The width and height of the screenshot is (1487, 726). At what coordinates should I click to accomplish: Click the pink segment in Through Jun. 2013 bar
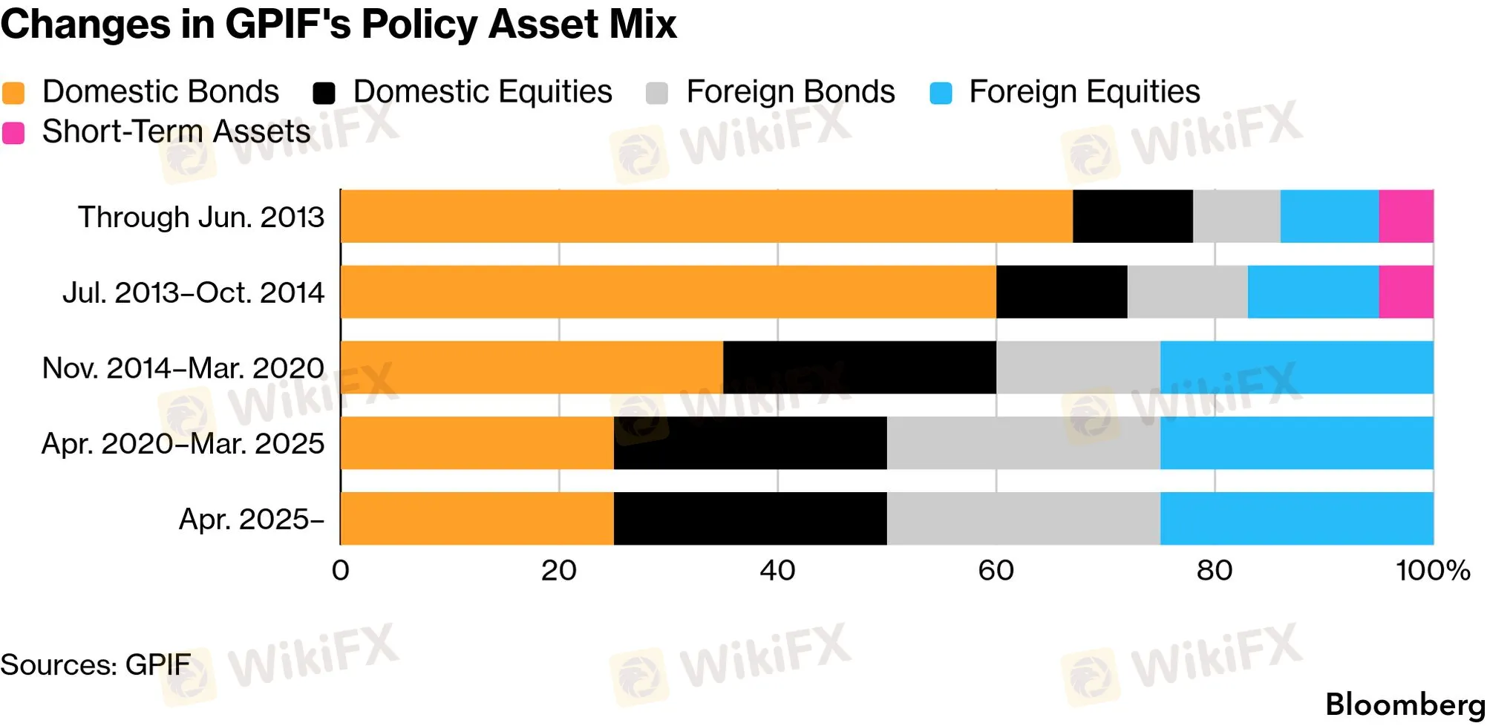tap(1406, 216)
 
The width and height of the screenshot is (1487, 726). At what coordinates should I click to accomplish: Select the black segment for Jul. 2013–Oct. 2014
tap(1062, 292)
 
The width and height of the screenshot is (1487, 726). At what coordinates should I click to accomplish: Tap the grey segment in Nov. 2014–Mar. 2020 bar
tap(1078, 367)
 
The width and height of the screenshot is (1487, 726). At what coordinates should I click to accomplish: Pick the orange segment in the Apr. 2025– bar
tap(477, 518)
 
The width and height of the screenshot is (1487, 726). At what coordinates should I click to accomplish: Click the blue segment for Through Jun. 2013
tap(1330, 216)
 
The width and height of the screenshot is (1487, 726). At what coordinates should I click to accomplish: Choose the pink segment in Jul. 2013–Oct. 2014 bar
tap(1406, 292)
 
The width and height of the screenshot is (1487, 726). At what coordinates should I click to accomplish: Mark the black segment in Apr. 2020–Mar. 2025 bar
tap(751, 443)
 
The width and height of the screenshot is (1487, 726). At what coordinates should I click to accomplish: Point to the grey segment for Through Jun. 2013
tap(1237, 216)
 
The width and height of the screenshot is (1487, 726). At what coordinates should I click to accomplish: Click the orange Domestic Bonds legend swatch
tap(13, 94)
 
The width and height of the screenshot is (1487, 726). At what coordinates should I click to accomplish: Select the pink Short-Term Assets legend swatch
tap(13, 134)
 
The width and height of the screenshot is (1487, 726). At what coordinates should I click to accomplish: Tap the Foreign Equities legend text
tap(1084, 92)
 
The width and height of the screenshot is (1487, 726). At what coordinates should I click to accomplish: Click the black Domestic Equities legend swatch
tap(324, 94)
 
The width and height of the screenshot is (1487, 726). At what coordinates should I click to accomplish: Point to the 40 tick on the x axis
tap(777, 571)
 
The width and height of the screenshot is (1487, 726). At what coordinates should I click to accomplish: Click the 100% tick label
tap(1433, 571)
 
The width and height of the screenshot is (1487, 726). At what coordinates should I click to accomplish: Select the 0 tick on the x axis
tap(341, 571)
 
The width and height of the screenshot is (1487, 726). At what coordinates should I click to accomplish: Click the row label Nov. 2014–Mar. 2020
tap(183, 368)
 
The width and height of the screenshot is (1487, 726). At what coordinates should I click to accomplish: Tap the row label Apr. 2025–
tap(252, 519)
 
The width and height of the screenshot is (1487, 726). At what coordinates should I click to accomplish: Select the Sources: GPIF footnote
tap(95, 664)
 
